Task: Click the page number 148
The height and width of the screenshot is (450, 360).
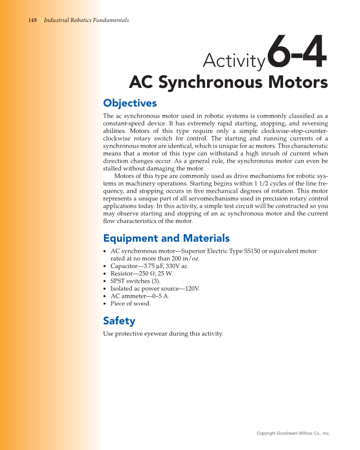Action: coord(32,20)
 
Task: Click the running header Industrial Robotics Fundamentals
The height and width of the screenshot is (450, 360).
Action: coord(86,20)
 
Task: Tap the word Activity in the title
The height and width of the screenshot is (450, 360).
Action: coord(234,61)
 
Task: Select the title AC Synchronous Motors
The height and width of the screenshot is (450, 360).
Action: coord(228,83)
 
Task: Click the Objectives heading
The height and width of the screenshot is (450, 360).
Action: coord(130,103)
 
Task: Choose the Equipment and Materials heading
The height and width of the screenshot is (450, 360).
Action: coord(166,238)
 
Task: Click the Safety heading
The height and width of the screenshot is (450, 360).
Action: coord(119,321)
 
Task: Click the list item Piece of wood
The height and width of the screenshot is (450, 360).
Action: coord(130,304)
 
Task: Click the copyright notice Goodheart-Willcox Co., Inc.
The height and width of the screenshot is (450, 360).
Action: coord(293,433)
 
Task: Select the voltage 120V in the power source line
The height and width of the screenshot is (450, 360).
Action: coord(193,288)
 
